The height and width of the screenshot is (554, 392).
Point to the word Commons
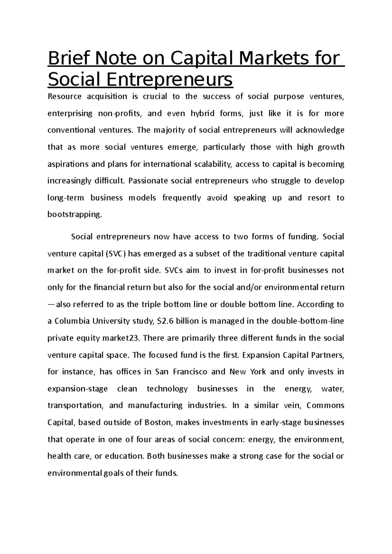coord(325,406)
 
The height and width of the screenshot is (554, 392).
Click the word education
coord(124,456)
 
